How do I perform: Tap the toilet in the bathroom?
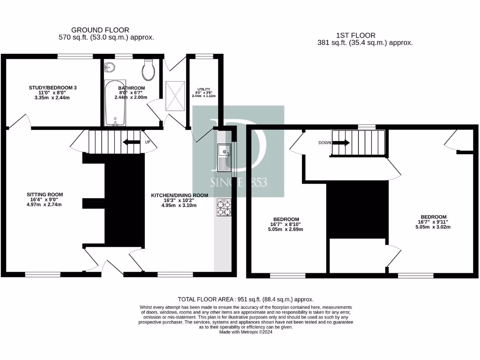tap(149, 70)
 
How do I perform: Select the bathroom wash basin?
tap(110, 67)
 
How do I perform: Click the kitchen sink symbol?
tap(224, 157)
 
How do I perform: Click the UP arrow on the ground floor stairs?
tap(133, 142)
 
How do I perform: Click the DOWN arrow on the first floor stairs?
tap(340, 142)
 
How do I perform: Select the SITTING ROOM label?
tap(45, 194)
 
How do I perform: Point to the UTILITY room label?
tap(203, 89)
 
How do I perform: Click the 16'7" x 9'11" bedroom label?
tap(434, 217)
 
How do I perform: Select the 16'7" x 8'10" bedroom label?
tap(286, 219)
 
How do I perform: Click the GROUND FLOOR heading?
tap(100, 30)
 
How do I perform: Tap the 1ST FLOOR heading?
tap(355, 35)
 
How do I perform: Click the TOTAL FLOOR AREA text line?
tap(246, 299)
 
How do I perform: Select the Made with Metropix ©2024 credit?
tap(246, 332)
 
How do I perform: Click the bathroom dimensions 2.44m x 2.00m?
tap(131, 97)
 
